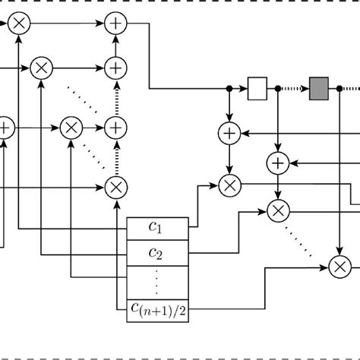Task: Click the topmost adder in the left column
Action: pyautogui.click(x=115, y=25)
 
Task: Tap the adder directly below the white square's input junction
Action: pyautogui.click(x=229, y=134)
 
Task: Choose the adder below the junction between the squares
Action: pyautogui.click(x=278, y=161)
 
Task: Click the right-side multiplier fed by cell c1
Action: pyautogui.click(x=229, y=185)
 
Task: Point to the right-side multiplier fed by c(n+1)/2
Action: pyautogui.click(x=339, y=265)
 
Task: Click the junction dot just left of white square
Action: pyautogui.click(x=229, y=89)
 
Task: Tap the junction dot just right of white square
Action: pyautogui.click(x=278, y=89)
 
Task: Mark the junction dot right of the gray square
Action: pyautogui.click(x=339, y=89)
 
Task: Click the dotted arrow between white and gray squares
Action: pyautogui.click(x=294, y=89)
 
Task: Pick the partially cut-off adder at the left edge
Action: pyautogui.click(x=5, y=128)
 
